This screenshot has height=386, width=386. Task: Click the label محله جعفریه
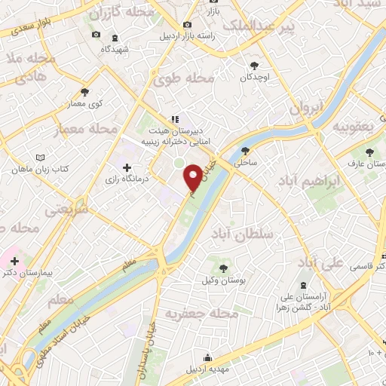201,312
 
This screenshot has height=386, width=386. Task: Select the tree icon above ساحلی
245,149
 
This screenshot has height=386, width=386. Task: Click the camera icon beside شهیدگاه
95,35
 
